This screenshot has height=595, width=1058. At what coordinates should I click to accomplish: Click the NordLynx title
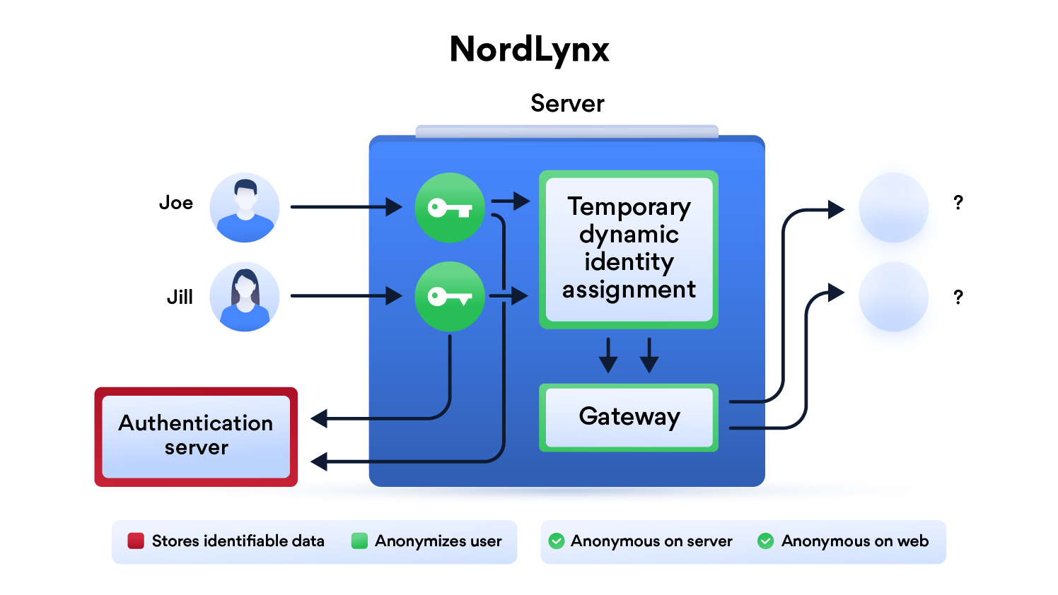(x=529, y=49)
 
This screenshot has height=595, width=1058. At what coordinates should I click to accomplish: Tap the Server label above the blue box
(x=567, y=104)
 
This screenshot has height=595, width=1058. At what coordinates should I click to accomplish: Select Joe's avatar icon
(x=245, y=208)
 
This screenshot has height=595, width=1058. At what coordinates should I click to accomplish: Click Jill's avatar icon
(x=245, y=297)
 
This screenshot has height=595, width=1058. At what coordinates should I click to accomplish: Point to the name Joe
(x=176, y=203)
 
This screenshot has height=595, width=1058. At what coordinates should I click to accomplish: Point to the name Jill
(x=180, y=297)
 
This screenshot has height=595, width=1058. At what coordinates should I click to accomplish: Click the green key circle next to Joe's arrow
(x=449, y=208)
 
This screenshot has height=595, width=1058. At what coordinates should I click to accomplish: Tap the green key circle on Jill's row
(x=449, y=297)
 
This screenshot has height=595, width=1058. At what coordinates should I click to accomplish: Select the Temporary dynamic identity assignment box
(x=629, y=249)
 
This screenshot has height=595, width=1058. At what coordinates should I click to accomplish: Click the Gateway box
(x=629, y=418)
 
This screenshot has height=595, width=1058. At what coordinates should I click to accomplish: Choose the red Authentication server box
(x=196, y=436)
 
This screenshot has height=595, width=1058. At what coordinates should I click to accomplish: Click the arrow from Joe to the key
(x=346, y=207)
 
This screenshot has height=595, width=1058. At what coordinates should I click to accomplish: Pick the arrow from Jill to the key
(x=346, y=296)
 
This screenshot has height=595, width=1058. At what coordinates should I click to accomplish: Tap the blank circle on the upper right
(x=893, y=208)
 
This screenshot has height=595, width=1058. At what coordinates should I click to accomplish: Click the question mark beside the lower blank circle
(x=958, y=297)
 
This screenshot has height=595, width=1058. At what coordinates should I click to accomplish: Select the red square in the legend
(x=136, y=541)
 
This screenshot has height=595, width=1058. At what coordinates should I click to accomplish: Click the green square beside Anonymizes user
(x=359, y=541)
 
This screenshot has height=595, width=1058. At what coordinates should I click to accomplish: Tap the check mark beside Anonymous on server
(x=557, y=541)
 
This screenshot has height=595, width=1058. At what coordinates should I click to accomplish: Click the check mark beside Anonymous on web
(x=765, y=541)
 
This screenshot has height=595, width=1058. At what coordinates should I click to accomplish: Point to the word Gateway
(x=629, y=417)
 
